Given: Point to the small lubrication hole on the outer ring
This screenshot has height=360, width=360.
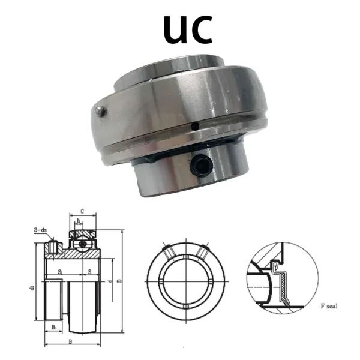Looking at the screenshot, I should [196, 127].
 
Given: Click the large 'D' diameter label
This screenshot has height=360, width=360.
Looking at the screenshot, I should [121, 280].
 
